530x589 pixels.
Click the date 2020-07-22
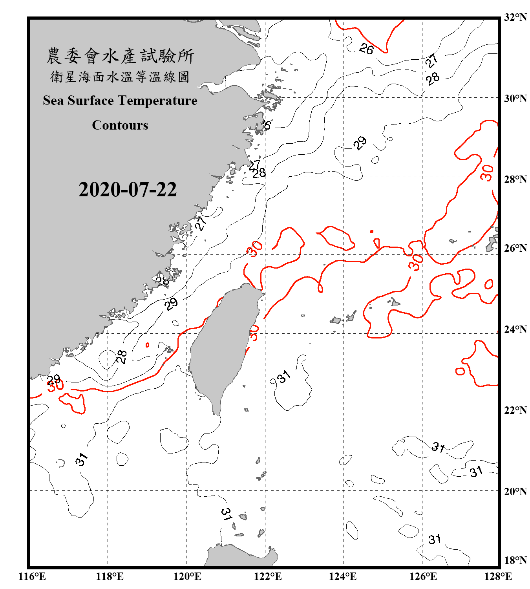click(128, 190)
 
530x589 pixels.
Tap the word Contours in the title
click(120, 125)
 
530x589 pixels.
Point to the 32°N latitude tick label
click(515, 17)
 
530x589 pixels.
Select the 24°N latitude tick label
click(515, 329)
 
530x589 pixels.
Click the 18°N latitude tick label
click(515, 560)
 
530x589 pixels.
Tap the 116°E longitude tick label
click(32, 576)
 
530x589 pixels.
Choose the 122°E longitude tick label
click(268, 576)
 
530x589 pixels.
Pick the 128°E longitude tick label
click(498, 576)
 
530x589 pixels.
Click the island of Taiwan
click(222, 346)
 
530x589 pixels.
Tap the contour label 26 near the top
click(366, 49)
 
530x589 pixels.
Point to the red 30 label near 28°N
click(487, 173)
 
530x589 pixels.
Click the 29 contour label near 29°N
click(360, 143)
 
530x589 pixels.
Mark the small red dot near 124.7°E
click(372, 232)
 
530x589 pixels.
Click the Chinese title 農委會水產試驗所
click(120, 56)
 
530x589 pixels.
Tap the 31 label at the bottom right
click(435, 540)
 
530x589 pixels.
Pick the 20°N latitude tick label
click(515, 491)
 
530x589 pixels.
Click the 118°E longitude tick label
click(110, 576)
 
